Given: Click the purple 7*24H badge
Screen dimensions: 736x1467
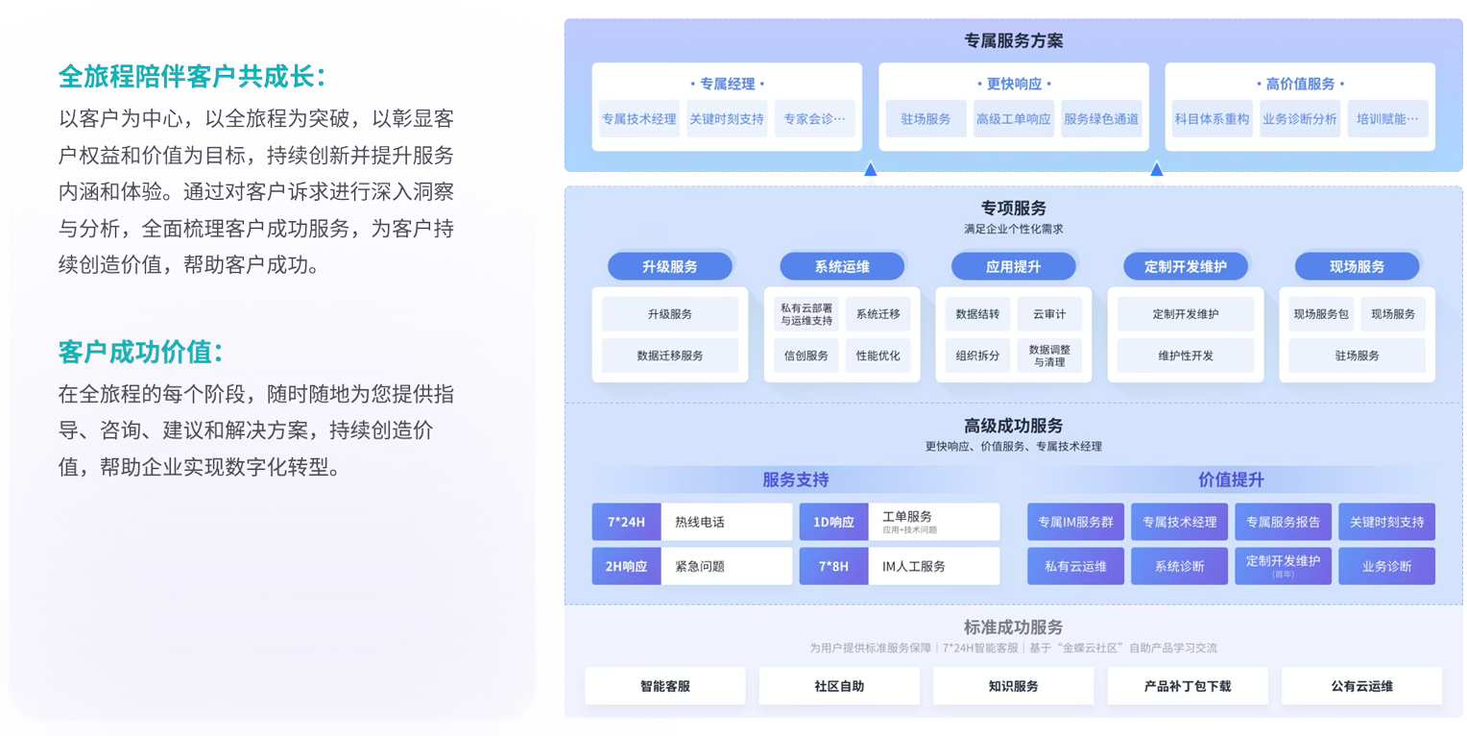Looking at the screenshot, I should pyautogui.click(x=626, y=522).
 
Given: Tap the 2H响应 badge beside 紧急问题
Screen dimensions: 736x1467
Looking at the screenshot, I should pyautogui.click(x=626, y=566).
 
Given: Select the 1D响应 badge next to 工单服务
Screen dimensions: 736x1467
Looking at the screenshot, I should pyautogui.click(x=833, y=522).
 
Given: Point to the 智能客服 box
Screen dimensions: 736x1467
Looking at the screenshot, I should pyautogui.click(x=664, y=686).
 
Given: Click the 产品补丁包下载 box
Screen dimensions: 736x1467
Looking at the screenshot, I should pyautogui.click(x=1187, y=686).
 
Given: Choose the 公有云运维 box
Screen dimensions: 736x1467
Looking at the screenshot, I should pyautogui.click(x=1361, y=686).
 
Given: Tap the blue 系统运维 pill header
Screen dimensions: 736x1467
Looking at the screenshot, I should pyautogui.click(x=842, y=266).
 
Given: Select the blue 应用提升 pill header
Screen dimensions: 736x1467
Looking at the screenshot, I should pyautogui.click(x=1013, y=266).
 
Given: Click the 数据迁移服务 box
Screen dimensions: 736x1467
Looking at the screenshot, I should pyautogui.click(x=670, y=356).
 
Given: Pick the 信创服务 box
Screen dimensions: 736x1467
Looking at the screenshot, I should pyautogui.click(x=806, y=356).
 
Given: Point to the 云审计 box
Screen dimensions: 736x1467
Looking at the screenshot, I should pyautogui.click(x=1049, y=314).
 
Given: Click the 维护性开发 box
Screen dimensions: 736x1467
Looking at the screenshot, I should pyautogui.click(x=1186, y=356).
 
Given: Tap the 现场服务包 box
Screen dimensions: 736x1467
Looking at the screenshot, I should pyautogui.click(x=1321, y=314).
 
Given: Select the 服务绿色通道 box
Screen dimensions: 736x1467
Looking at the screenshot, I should pyautogui.click(x=1101, y=119).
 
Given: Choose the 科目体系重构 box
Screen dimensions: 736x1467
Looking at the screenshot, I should pyautogui.click(x=1212, y=119).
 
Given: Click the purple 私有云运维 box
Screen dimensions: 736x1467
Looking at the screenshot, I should pyautogui.click(x=1075, y=566).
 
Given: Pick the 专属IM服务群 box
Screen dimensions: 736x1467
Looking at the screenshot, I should pyautogui.click(x=1075, y=522).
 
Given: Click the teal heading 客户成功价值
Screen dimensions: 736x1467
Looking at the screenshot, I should pyautogui.click(x=140, y=353).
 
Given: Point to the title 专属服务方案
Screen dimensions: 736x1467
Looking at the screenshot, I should pyautogui.click(x=1013, y=41).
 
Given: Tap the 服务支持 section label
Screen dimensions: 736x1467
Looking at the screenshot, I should pyautogui.click(x=795, y=479).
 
